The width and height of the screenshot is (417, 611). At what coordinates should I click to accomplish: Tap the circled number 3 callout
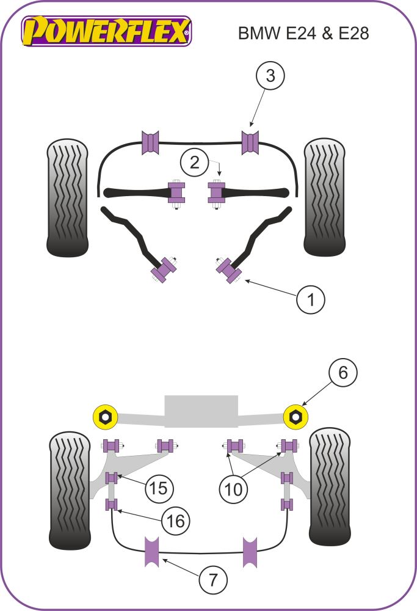269,77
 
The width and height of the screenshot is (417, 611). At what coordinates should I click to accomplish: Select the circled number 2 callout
195,163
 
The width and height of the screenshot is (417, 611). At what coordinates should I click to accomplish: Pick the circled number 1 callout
311,300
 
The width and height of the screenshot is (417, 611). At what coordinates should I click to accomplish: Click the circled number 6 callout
343,372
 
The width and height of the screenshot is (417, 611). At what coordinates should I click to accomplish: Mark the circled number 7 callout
212,578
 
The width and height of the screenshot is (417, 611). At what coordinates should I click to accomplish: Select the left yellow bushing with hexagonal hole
105,416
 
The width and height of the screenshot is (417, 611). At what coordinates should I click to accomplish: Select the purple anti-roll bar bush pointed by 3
250,144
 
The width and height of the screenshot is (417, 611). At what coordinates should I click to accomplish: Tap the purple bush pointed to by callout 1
230,270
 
